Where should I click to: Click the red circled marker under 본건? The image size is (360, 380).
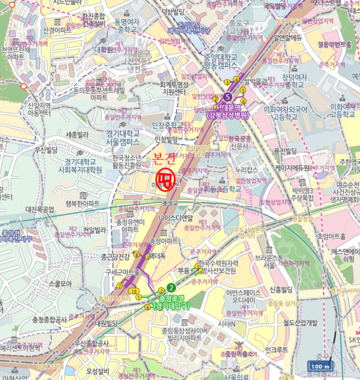click(x=167, y=179)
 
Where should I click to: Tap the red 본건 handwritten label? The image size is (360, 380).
click(x=165, y=160)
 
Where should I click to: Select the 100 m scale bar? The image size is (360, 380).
click(x=320, y=366)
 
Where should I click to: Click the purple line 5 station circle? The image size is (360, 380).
click(x=227, y=97)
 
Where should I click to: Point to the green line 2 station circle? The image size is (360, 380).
click(x=172, y=288)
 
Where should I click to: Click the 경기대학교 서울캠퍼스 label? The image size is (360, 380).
click(x=123, y=137)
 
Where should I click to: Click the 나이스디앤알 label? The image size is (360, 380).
click(x=176, y=218)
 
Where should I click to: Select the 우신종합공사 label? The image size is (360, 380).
click(x=92, y=343)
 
